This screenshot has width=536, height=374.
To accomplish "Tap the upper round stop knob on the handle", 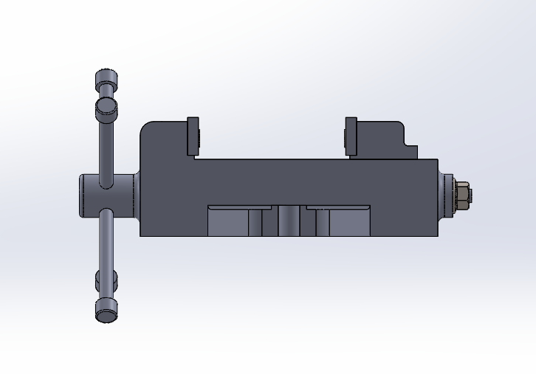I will pyautogui.click(x=106, y=108).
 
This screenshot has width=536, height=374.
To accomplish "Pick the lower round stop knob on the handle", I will pyautogui.click(x=106, y=280).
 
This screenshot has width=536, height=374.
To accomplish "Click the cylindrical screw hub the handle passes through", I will pyautogui.click(x=96, y=195).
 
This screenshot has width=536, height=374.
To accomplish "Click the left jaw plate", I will pyautogui.click(x=193, y=136).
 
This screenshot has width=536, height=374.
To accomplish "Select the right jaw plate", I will pyautogui.click(x=351, y=136).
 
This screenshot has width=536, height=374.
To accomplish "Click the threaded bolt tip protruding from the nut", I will pyautogui.click(x=472, y=195).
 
